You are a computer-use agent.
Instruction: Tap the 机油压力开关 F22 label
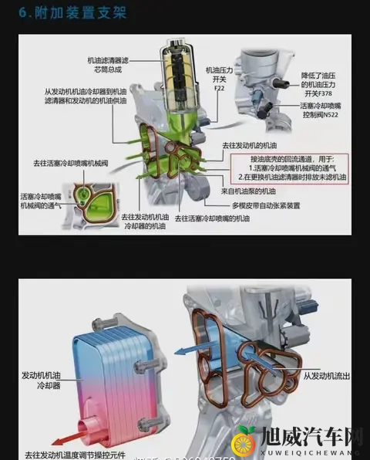[218, 78]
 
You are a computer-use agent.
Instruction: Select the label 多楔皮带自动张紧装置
[266, 205]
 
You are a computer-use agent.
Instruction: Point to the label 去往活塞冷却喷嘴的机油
[212, 219]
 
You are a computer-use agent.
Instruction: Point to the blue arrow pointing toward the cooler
[193, 350]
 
